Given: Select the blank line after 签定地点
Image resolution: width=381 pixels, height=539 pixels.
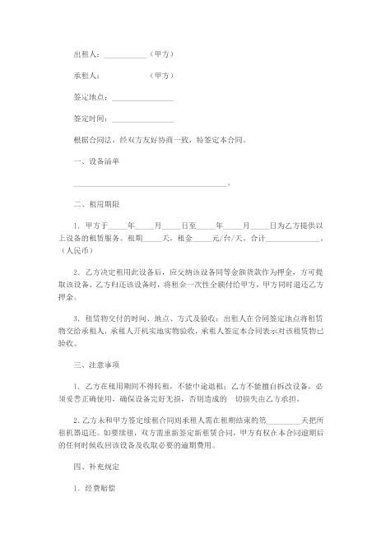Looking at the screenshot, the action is point(142,97).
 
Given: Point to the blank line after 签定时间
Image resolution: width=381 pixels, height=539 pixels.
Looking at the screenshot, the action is point(142,118).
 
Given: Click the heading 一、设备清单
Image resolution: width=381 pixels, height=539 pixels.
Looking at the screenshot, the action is point(97,161).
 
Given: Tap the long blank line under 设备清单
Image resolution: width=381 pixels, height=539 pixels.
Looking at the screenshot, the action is point(149,184).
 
